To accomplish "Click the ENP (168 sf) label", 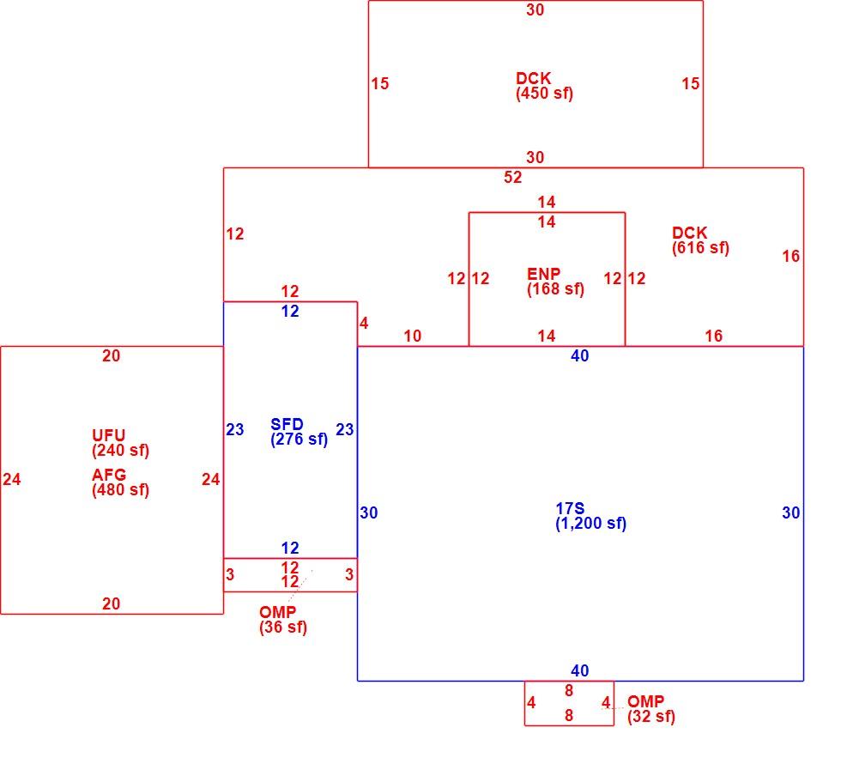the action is point(555,282).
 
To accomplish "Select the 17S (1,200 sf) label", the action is point(590,516).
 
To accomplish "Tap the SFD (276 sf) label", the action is point(299,432).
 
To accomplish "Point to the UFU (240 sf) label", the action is point(120,443).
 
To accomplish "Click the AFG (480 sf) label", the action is point(120,482).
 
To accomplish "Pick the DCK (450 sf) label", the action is point(544,86).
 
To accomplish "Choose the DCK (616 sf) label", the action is point(700,240).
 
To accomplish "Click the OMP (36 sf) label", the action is point(282,620).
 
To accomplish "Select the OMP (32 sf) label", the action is point(651,709).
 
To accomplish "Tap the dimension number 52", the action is point(513,177).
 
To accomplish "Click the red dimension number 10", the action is point(413,336).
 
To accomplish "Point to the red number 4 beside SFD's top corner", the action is point(364,323).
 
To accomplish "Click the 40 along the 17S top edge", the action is point(580,355).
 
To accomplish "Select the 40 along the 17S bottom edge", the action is point(580,670).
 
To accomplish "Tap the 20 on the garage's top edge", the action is point(111,355).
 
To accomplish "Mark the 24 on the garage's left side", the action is point(12,479).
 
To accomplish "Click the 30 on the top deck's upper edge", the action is point(535,9).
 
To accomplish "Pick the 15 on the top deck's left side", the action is point(379,84).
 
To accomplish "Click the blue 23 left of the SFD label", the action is point(235,429).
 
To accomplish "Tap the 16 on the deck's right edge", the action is point(791,256).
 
